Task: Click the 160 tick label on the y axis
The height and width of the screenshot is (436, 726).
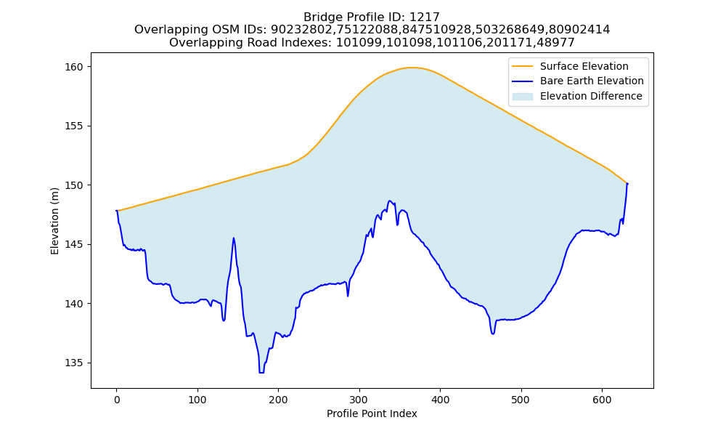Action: pyautogui.click(x=73, y=67)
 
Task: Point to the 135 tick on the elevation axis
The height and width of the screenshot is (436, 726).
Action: pyautogui.click(x=73, y=363)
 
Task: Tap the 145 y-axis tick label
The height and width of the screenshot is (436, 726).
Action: pyautogui.click(x=73, y=245)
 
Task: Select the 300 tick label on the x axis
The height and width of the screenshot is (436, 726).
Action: pyautogui.click(x=359, y=400)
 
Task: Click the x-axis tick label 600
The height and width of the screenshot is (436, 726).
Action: pyautogui.click(x=602, y=400)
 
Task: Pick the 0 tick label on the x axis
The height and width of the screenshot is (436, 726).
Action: pyautogui.click(x=117, y=400)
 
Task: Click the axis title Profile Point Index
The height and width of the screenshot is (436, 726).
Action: pyautogui.click(x=372, y=413)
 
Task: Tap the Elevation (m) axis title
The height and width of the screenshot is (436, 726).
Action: pyautogui.click(x=54, y=221)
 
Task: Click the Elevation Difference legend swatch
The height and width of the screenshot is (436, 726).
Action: pyautogui.click(x=522, y=97)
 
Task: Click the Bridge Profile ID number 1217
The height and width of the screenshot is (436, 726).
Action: pyautogui.click(x=425, y=17)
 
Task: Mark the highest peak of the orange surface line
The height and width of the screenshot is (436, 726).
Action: pyautogui.click(x=411, y=68)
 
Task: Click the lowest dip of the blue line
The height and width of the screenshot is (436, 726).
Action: pyautogui.click(x=261, y=373)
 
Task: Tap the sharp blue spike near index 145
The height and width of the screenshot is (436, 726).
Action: pyautogui.click(x=234, y=238)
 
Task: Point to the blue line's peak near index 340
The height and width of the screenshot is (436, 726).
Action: pyautogui.click(x=390, y=201)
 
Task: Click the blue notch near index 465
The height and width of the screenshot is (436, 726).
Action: pyautogui.click(x=493, y=334)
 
